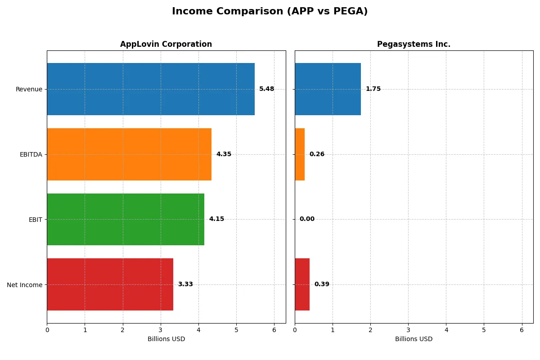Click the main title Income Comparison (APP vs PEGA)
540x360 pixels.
click(270, 12)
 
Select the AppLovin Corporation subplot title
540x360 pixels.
click(166, 45)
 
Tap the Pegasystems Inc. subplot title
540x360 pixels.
click(414, 45)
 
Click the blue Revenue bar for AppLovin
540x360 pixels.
click(151, 89)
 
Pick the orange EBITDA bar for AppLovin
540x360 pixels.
click(129, 154)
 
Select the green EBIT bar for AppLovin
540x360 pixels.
click(126, 219)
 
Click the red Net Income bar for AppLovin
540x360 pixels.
click(110, 284)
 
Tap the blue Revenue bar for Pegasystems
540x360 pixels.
click(328, 89)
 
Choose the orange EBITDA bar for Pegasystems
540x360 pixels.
click(300, 154)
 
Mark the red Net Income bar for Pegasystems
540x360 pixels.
click(302, 284)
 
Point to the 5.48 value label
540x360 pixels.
click(266, 89)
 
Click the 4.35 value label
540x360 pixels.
click(224, 154)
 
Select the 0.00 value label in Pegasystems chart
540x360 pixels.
click(307, 219)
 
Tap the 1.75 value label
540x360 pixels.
click(373, 89)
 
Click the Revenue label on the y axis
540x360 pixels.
click(29, 89)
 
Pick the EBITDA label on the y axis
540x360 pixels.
click(31, 154)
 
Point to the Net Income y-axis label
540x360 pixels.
click(25, 284)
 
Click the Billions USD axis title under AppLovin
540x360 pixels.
click(166, 339)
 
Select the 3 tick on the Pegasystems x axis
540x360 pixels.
click(408, 330)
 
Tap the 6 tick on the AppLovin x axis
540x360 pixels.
click(274, 330)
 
